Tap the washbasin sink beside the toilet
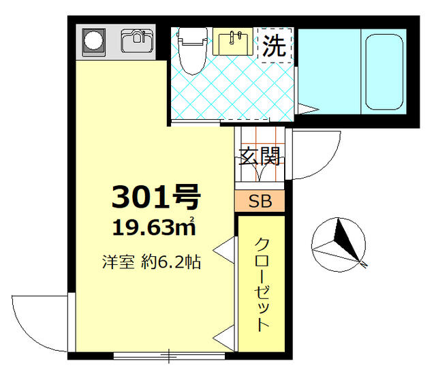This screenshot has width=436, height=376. coord(233,42)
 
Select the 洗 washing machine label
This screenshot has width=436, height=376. coord(274,46)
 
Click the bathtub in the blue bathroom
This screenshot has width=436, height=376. coord(384,72)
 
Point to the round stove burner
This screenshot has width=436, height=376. coord(93,40)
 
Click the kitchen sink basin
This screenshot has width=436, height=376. coord(137,41)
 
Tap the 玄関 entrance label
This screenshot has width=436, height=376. coord(260,156)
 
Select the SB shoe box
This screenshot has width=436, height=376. coord(260,201)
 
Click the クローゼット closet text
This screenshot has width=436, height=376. coord(262,284)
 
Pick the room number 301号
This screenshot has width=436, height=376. coord(156,197)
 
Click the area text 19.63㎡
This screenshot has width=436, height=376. coord(155,227)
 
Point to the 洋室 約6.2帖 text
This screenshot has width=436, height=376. coord(151,262)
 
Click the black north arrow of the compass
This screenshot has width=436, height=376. coord(345,240)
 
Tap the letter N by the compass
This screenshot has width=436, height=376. coord(363,264)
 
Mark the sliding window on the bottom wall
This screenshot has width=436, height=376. coord(169,356)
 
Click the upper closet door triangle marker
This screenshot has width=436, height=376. coord(224,250)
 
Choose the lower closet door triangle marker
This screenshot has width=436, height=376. coord(224,338)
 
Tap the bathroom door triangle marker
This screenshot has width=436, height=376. coord(308,109)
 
